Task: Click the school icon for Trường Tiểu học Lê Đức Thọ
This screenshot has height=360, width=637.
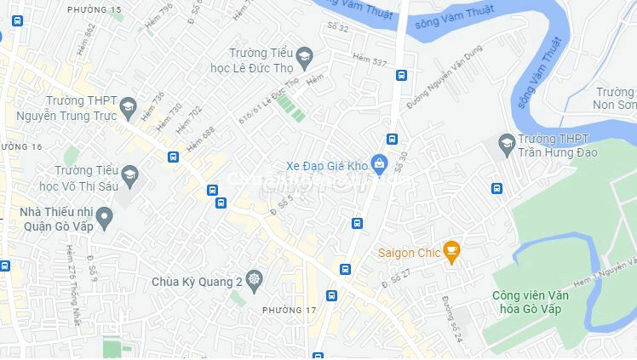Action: [x=304, y=58]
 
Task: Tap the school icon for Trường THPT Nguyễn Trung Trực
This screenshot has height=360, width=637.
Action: [x=128, y=107]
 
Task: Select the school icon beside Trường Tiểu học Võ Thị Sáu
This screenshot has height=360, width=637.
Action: [x=129, y=176]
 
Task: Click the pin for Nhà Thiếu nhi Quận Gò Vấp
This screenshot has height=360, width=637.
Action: [x=105, y=218]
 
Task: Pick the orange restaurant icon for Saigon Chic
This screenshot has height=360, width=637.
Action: [x=452, y=251]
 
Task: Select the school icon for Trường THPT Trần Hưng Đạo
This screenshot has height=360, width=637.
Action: [x=508, y=141]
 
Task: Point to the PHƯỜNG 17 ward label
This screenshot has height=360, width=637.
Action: [x=289, y=310]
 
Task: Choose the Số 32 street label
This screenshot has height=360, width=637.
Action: [x=338, y=26]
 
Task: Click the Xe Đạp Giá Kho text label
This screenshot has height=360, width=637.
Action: [x=327, y=165]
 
